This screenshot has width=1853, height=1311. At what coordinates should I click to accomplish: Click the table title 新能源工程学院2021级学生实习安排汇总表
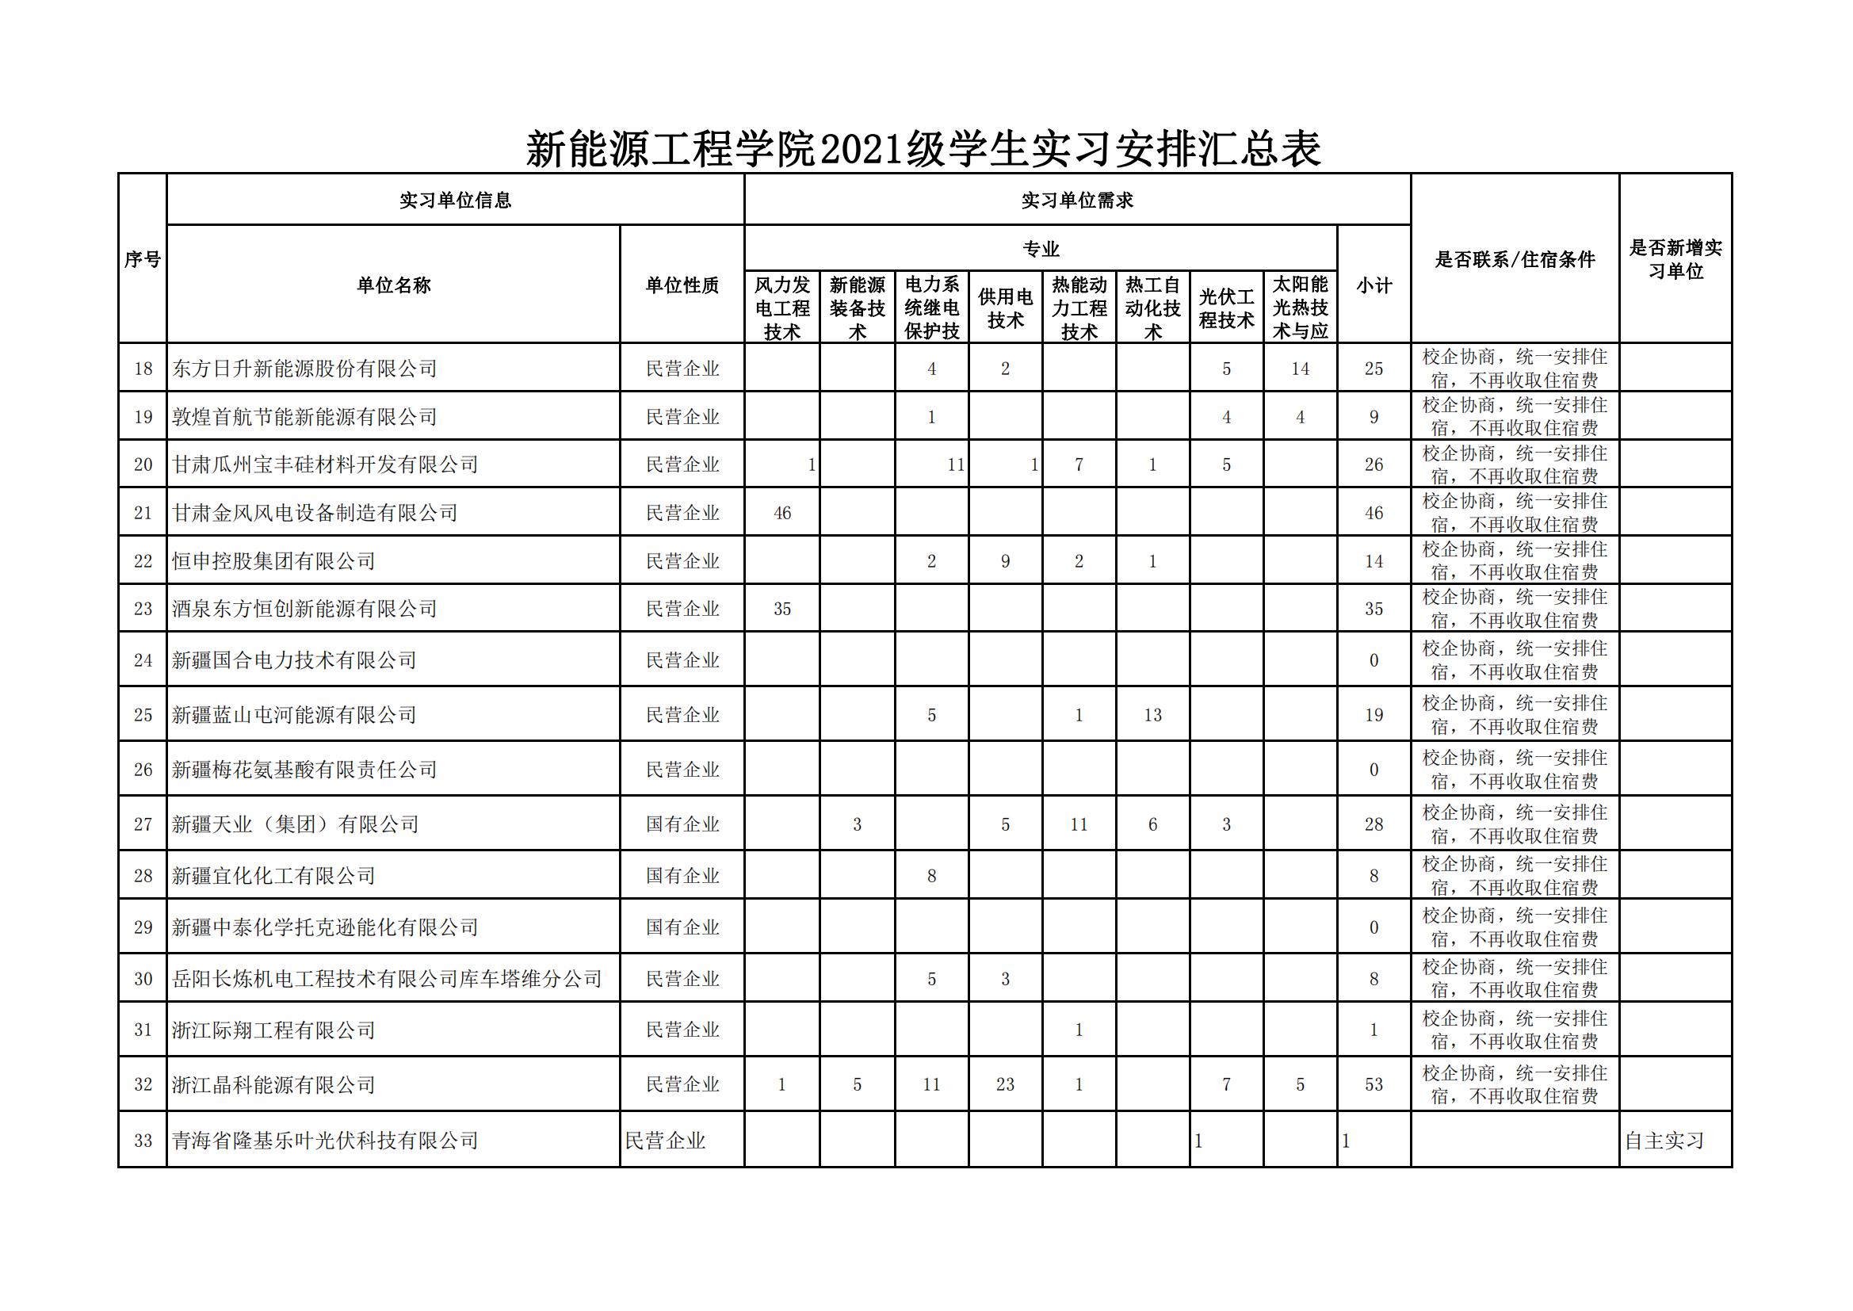pos(923,149)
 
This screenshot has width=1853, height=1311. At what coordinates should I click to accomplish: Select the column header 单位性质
pos(682,285)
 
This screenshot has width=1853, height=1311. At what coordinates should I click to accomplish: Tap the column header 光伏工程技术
pos(1226,308)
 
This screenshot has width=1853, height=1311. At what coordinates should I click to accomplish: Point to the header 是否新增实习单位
pos(1675,259)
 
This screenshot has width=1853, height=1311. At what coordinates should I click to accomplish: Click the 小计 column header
pos(1374,285)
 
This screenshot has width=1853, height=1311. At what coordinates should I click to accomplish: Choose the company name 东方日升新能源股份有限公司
pos(304,369)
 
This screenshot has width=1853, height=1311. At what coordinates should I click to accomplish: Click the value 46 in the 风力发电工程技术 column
pos(782,514)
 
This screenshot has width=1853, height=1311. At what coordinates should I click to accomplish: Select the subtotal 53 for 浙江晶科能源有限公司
pos(1374,1084)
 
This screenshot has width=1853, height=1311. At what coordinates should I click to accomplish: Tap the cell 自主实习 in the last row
pos(1664,1141)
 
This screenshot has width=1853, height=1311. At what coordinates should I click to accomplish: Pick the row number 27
pos(143,824)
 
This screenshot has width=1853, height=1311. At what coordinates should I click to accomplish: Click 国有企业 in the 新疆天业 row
pos(682,824)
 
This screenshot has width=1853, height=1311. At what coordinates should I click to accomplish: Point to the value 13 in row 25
pos(1152,715)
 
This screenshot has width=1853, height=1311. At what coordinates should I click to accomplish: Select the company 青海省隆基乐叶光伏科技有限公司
pos(325,1141)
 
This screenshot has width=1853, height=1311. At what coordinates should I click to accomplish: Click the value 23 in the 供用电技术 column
pos(1005,1084)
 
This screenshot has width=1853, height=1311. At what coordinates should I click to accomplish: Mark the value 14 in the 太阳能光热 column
pos(1299,369)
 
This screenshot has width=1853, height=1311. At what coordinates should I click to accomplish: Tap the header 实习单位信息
pos(455,201)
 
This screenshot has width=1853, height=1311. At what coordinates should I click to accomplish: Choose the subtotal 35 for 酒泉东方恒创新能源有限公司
pos(1374,609)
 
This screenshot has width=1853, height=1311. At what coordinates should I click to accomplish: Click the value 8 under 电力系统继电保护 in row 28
pos(931,876)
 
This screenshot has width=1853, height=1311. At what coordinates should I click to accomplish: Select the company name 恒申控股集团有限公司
pos(273,561)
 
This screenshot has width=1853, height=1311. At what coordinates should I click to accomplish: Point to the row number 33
pos(143,1141)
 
